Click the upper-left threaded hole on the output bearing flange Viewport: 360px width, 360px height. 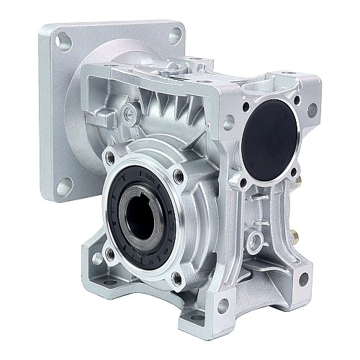coord(109,156)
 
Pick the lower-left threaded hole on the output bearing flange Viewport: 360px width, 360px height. coord(109,253)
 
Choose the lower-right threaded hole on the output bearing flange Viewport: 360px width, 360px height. coord(176,277)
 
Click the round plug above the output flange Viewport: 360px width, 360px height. coord(130,112)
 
